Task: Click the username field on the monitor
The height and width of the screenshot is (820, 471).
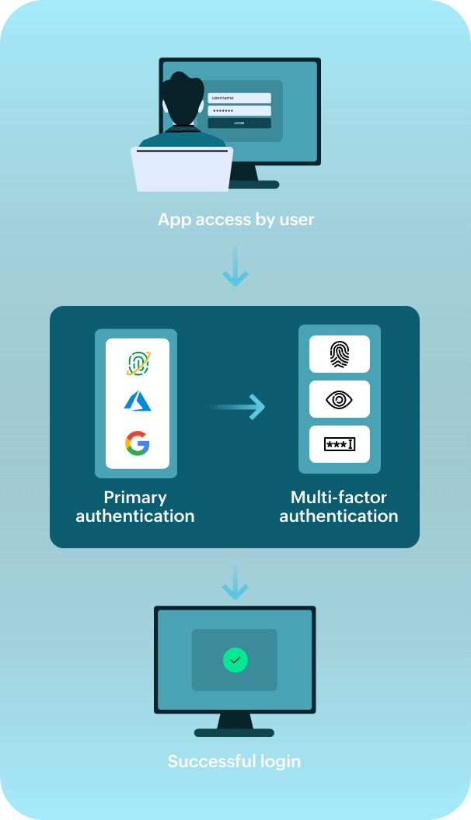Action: [239, 98]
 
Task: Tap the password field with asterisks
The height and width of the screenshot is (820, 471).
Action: [239, 111]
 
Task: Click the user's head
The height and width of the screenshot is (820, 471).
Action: [183, 99]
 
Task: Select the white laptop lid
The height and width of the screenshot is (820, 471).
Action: [182, 169]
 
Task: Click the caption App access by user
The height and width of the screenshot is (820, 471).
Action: [236, 220]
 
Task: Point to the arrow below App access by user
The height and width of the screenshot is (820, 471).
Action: [235, 269]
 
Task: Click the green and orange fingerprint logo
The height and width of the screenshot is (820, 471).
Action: [138, 363]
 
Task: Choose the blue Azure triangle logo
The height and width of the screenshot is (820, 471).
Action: [138, 401]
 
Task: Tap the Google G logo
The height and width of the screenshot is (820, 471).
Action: [138, 443]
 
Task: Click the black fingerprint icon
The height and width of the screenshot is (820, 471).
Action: [340, 354]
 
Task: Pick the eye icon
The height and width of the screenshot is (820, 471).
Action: [340, 399]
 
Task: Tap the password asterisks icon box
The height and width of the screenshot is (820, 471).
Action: [340, 444]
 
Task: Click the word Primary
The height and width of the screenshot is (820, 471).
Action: [135, 497]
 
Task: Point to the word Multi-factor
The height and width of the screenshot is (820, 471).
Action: [339, 497]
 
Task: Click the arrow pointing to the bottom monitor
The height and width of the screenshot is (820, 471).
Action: [235, 583]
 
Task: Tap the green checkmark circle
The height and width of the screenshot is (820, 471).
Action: [235, 660]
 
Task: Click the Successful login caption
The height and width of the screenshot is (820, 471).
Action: [234, 761]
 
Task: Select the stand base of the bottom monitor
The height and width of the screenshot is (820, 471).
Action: [234, 732]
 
